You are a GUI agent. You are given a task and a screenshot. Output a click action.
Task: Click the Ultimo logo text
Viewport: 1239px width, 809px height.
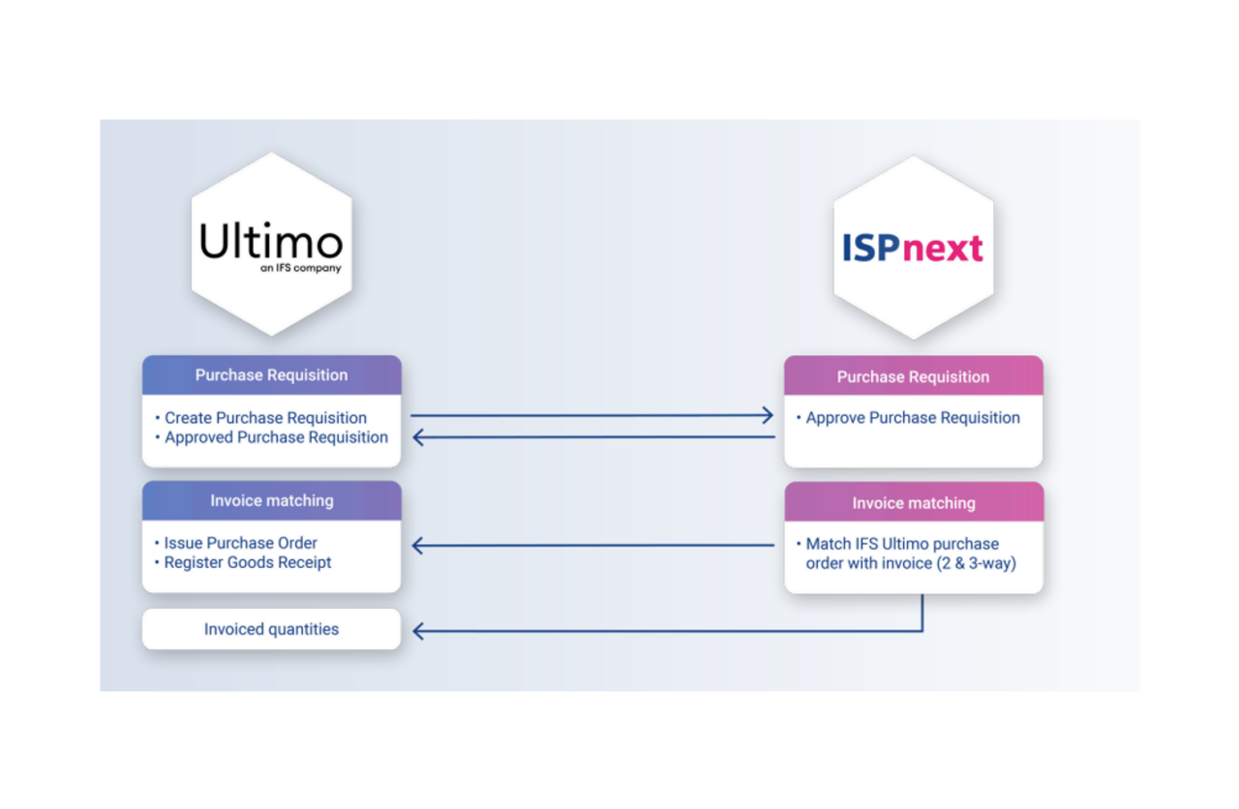(271, 242)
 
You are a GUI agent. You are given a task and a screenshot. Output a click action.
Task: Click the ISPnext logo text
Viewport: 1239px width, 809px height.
(913, 249)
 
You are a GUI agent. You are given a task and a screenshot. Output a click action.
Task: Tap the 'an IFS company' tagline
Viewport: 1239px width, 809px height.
(300, 268)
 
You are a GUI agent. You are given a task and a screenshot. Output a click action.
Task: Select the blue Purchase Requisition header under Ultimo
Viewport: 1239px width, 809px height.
(271, 375)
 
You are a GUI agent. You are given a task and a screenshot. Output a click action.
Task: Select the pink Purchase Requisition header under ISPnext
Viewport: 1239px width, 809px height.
(913, 376)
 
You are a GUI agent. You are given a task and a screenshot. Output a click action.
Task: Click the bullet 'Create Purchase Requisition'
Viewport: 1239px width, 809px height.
(265, 418)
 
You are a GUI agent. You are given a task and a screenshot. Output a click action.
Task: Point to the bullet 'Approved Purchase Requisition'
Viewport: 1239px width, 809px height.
(276, 437)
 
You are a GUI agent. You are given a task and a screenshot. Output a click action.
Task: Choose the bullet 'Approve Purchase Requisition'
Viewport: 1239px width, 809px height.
(913, 418)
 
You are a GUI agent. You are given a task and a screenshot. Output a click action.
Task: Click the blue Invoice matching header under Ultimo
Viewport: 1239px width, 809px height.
(271, 501)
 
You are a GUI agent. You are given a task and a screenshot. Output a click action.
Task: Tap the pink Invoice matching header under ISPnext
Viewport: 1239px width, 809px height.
(913, 503)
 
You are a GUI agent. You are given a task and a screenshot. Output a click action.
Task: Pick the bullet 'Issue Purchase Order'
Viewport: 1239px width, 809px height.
(240, 543)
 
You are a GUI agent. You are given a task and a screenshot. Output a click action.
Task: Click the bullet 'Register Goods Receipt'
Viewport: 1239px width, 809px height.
(248, 562)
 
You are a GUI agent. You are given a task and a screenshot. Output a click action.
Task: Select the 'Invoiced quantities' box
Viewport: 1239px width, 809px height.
(271, 629)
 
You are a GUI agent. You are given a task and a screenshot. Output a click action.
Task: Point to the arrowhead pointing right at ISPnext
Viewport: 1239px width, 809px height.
(768, 416)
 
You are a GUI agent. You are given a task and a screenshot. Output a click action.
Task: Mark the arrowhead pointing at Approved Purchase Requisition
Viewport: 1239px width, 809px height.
(419, 437)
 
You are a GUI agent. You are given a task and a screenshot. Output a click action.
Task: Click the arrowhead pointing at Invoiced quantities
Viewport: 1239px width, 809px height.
(419, 631)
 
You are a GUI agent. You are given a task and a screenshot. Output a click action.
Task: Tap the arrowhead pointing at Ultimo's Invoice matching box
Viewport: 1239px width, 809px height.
(419, 546)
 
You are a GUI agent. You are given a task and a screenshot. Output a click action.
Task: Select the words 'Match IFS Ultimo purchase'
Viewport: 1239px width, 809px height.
(902, 544)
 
